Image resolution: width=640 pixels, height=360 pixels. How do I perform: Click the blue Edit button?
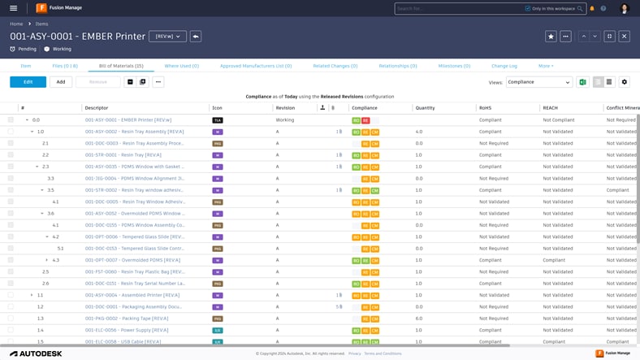point(28,82)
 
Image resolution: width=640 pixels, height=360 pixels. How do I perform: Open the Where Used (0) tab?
point(181,66)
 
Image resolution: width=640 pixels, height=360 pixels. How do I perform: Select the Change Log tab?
point(504,66)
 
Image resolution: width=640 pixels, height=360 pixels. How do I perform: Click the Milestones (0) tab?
point(454,66)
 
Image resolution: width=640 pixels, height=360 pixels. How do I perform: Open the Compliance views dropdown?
point(539,82)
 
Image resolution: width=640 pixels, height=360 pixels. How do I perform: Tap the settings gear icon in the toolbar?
point(624,82)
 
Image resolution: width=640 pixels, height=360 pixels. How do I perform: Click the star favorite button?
point(551,37)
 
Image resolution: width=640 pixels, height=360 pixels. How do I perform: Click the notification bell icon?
point(592,8)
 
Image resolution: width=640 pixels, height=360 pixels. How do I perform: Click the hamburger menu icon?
point(13,8)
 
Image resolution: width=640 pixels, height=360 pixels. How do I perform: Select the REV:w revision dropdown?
point(167,37)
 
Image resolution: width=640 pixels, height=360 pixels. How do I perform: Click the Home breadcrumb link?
point(16,24)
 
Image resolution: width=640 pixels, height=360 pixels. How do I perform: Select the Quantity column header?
point(425,107)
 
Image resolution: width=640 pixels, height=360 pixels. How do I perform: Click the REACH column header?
point(551,107)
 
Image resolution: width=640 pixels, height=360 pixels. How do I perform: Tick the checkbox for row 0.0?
point(11,119)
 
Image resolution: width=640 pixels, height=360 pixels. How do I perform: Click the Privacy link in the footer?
point(355,353)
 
